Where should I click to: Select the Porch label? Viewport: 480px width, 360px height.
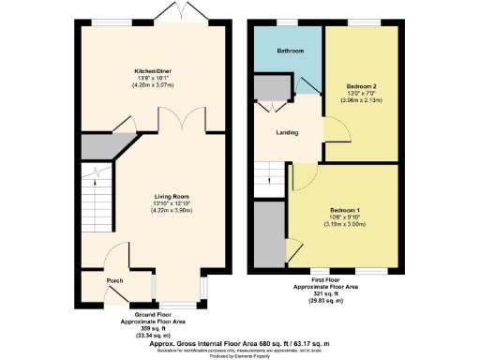[114, 280]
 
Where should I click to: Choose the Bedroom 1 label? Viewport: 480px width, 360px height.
[345, 210]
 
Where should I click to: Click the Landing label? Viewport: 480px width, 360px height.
[287, 132]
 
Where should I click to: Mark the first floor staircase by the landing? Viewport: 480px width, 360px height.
[269, 172]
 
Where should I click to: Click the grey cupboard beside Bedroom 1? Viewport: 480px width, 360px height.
[269, 228]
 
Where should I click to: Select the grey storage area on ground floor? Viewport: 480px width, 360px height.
[94, 146]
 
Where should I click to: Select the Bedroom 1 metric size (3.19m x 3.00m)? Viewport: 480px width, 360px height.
[345, 226]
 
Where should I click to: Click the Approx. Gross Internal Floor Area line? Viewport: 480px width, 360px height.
[240, 343]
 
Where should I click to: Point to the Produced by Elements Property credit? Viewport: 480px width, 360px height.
[240, 356]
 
